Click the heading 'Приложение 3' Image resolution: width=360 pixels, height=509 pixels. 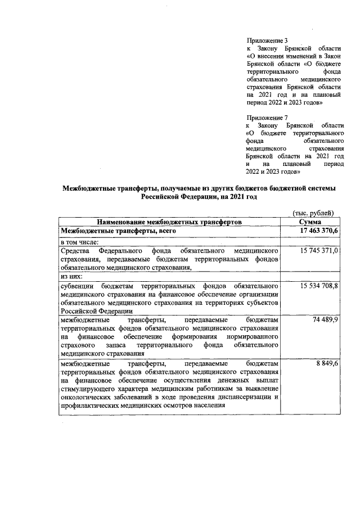tap(267, 41)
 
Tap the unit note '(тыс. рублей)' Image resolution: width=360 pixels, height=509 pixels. tap(314, 214)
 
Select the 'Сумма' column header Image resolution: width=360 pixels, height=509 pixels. tap(313, 222)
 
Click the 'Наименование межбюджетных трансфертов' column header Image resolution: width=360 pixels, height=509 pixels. tap(169, 222)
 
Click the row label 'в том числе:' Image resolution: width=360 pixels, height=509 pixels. tap(80, 241)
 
